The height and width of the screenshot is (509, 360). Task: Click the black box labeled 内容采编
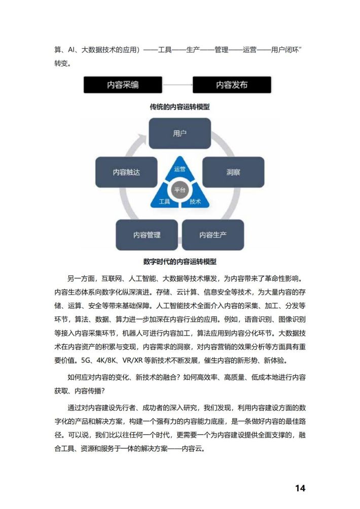tap(123, 85)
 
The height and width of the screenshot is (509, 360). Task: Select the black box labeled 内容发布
tap(232, 85)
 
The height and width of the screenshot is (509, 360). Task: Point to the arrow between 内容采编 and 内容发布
tap(177, 85)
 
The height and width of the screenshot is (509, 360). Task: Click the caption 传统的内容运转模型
tap(179, 107)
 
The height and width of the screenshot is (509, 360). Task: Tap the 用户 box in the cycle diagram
tap(179, 133)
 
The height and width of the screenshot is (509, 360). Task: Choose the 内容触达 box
tap(126, 172)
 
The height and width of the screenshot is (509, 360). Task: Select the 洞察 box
tap(233, 172)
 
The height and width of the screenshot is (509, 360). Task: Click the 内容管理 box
tap(147, 235)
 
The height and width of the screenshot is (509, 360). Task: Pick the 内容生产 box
tap(213, 235)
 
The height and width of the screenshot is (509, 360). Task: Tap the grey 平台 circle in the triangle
tap(179, 190)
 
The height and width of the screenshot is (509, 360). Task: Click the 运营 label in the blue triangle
tap(179, 169)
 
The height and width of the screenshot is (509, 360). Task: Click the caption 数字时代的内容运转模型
tap(179, 262)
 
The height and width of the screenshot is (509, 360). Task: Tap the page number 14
tap(300, 488)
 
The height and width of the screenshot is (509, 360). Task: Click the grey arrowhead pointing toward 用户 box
tap(142, 139)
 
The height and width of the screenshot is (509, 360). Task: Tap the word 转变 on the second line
tap(61, 63)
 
